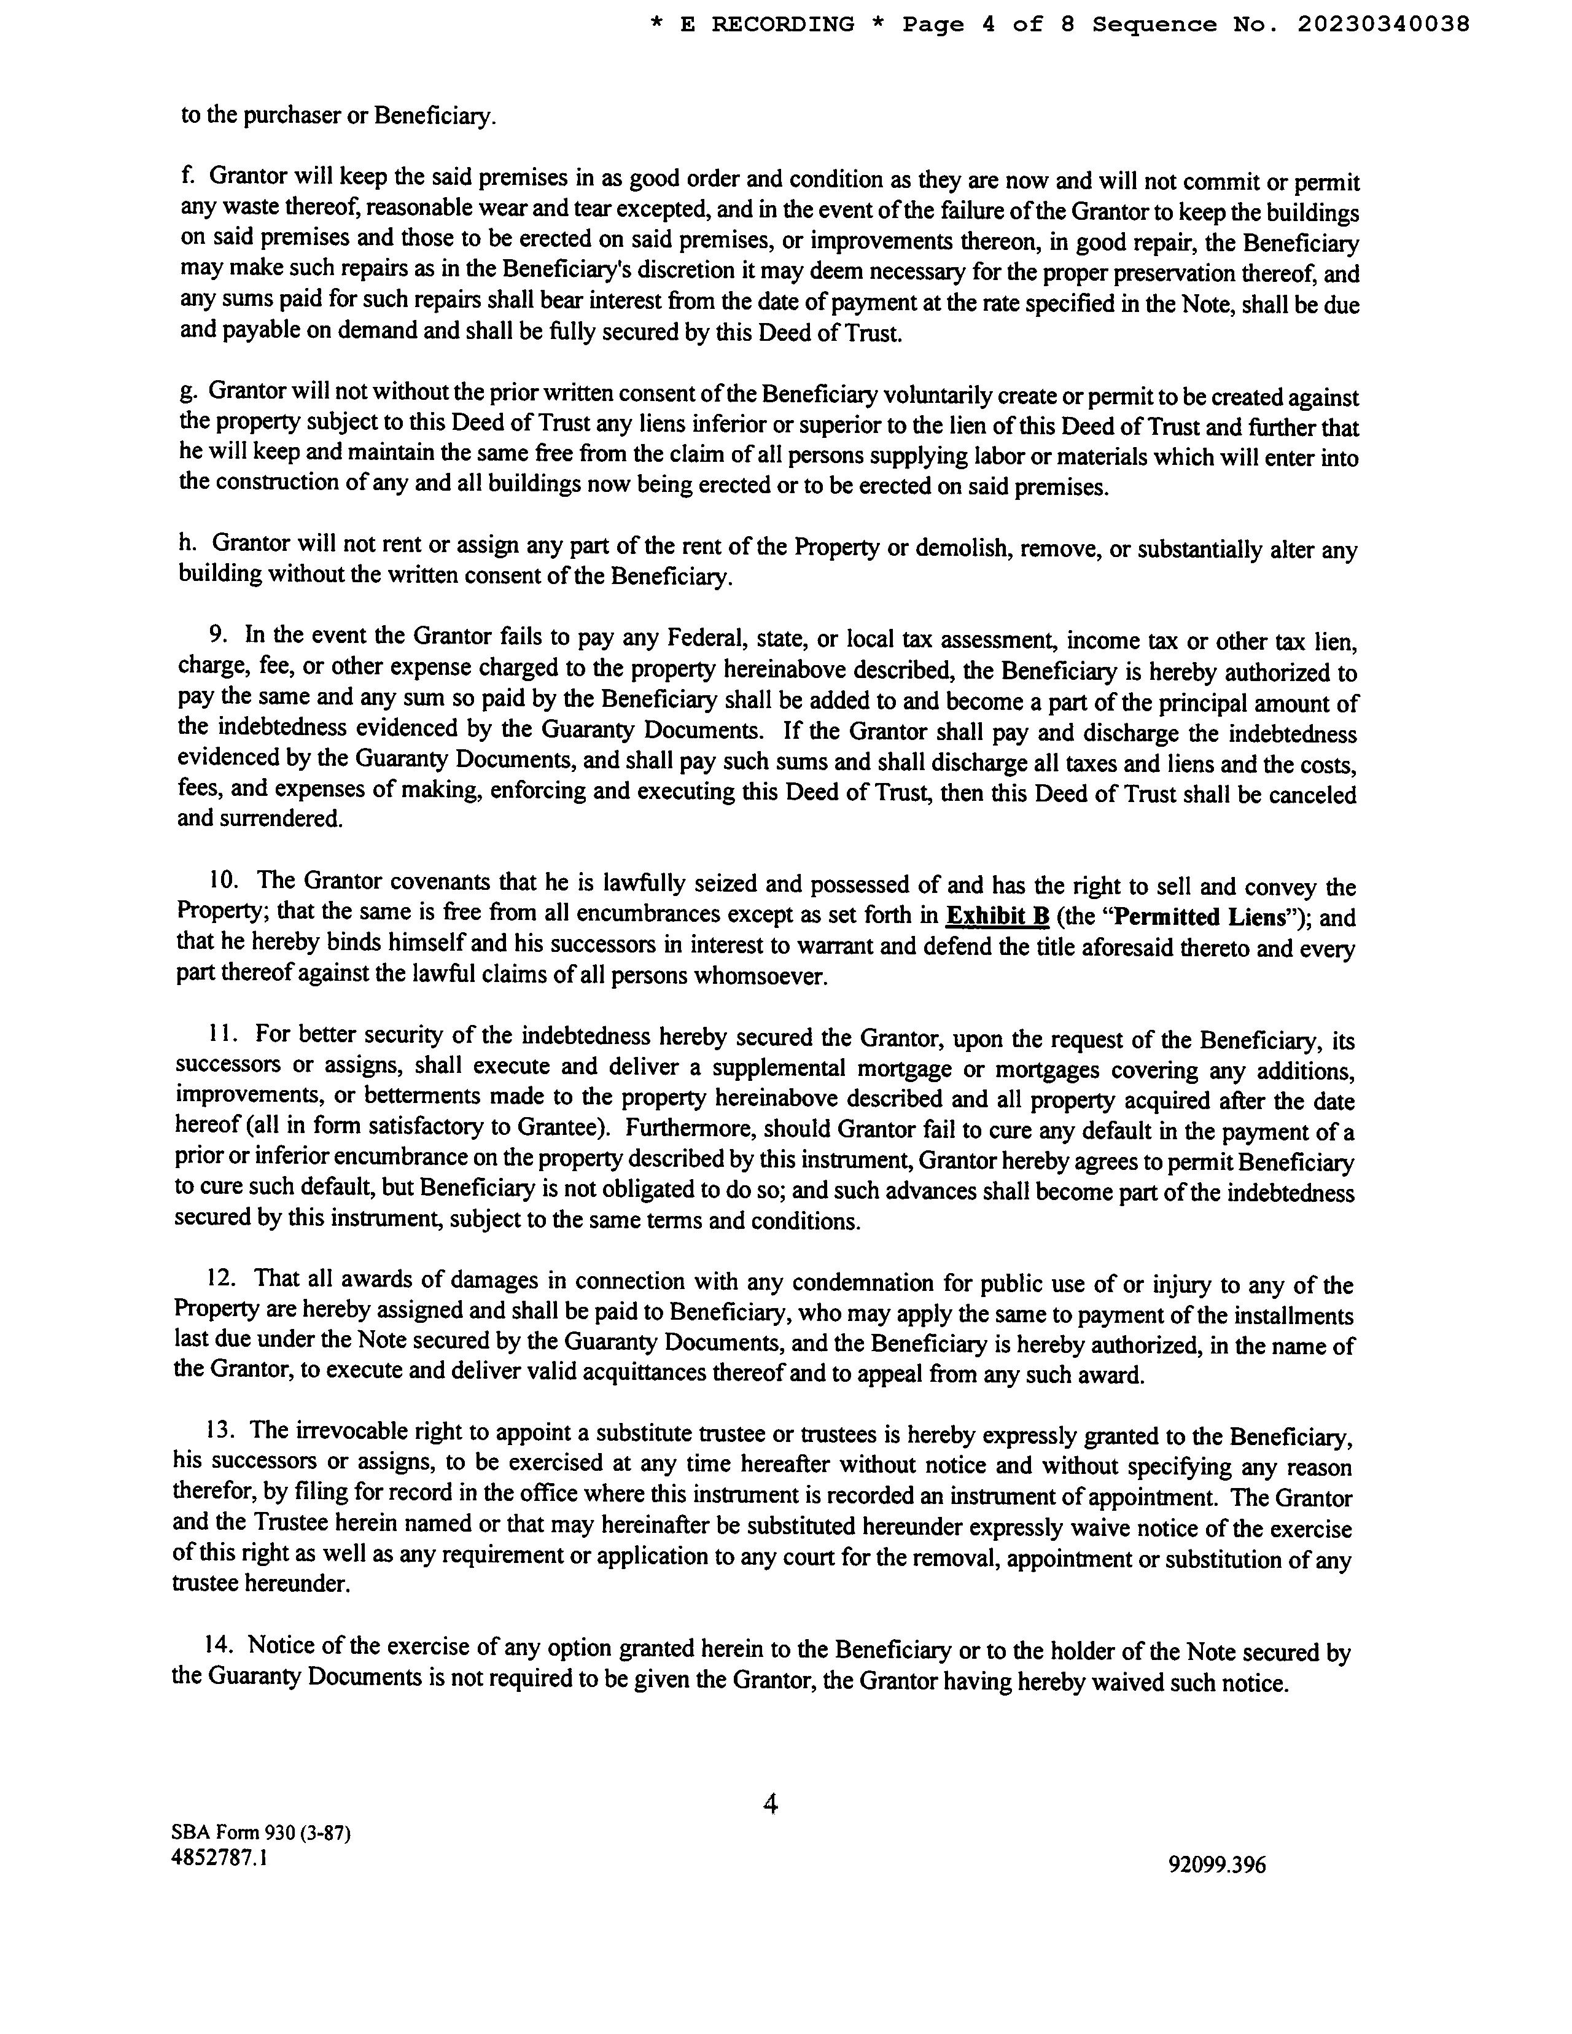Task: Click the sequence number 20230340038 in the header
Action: (x=1383, y=24)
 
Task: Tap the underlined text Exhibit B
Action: (x=997, y=916)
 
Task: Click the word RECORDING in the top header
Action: (x=782, y=24)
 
